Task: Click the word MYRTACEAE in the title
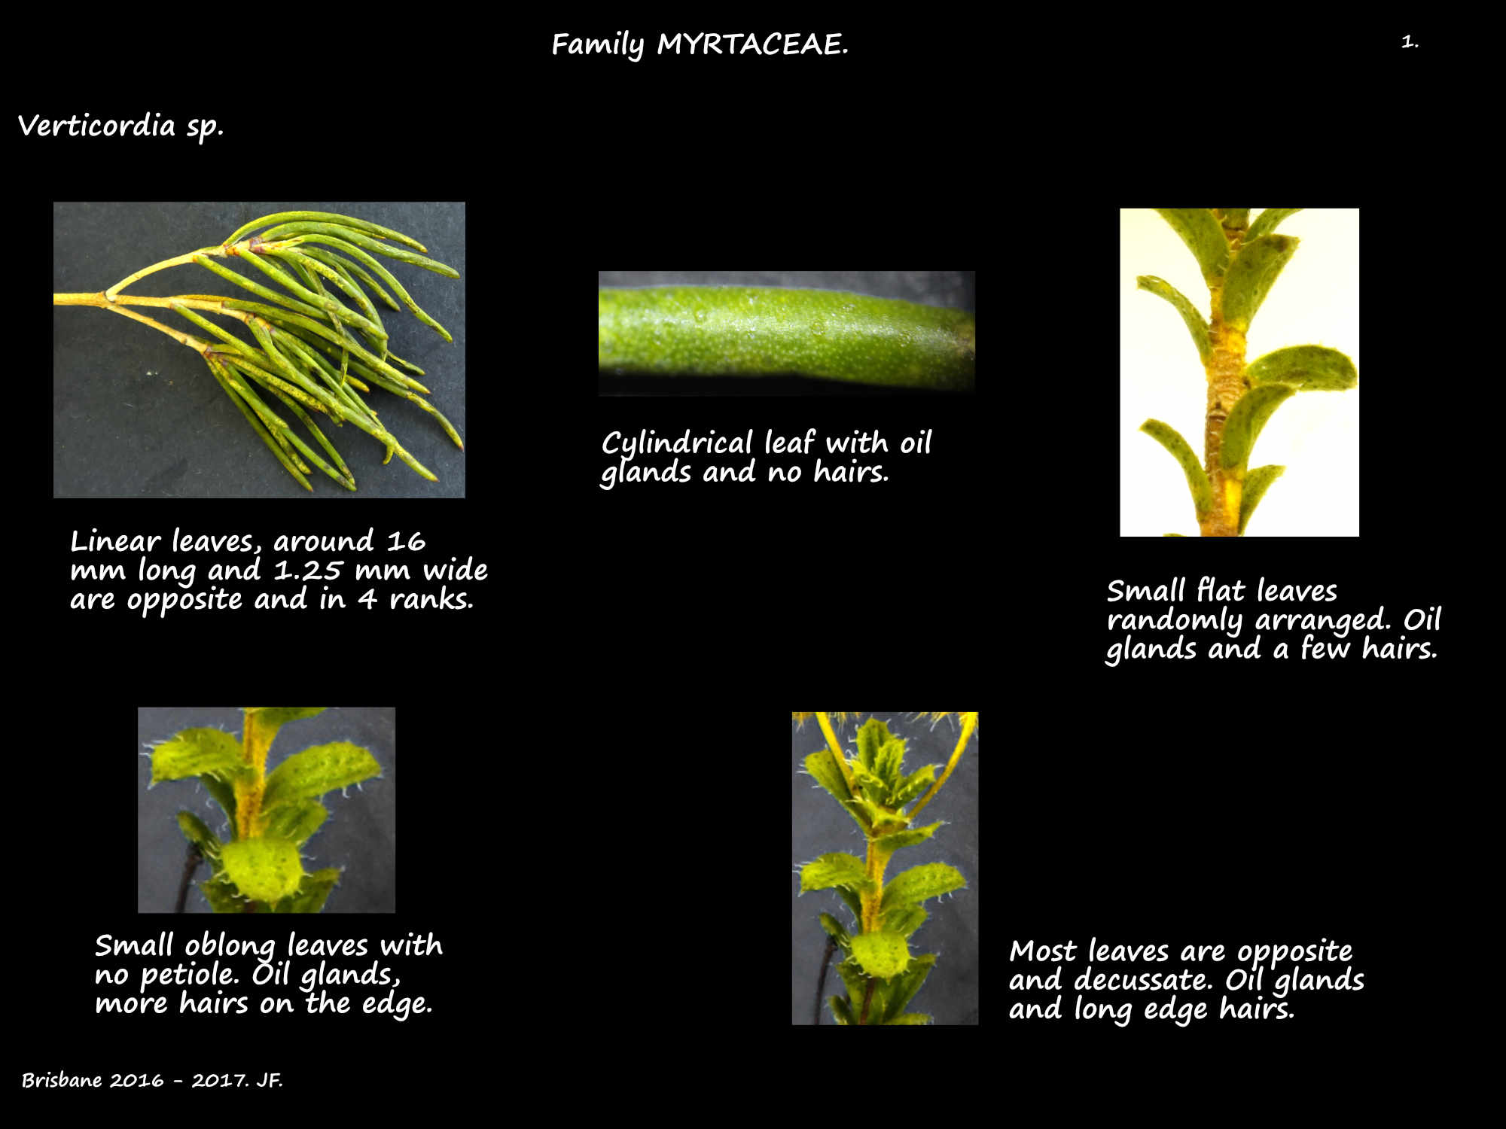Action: [x=752, y=44]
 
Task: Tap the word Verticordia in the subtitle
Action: [x=96, y=125]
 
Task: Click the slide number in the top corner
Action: [x=1410, y=41]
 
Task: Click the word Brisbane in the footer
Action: [x=62, y=1080]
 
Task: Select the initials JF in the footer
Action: [x=269, y=1080]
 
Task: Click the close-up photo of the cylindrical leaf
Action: [x=786, y=333]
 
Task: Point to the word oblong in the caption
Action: [x=231, y=947]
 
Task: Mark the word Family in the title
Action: [x=598, y=45]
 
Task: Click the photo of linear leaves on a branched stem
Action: [x=259, y=350]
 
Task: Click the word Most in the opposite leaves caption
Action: [x=1043, y=951]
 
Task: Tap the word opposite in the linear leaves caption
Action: [x=184, y=600]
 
